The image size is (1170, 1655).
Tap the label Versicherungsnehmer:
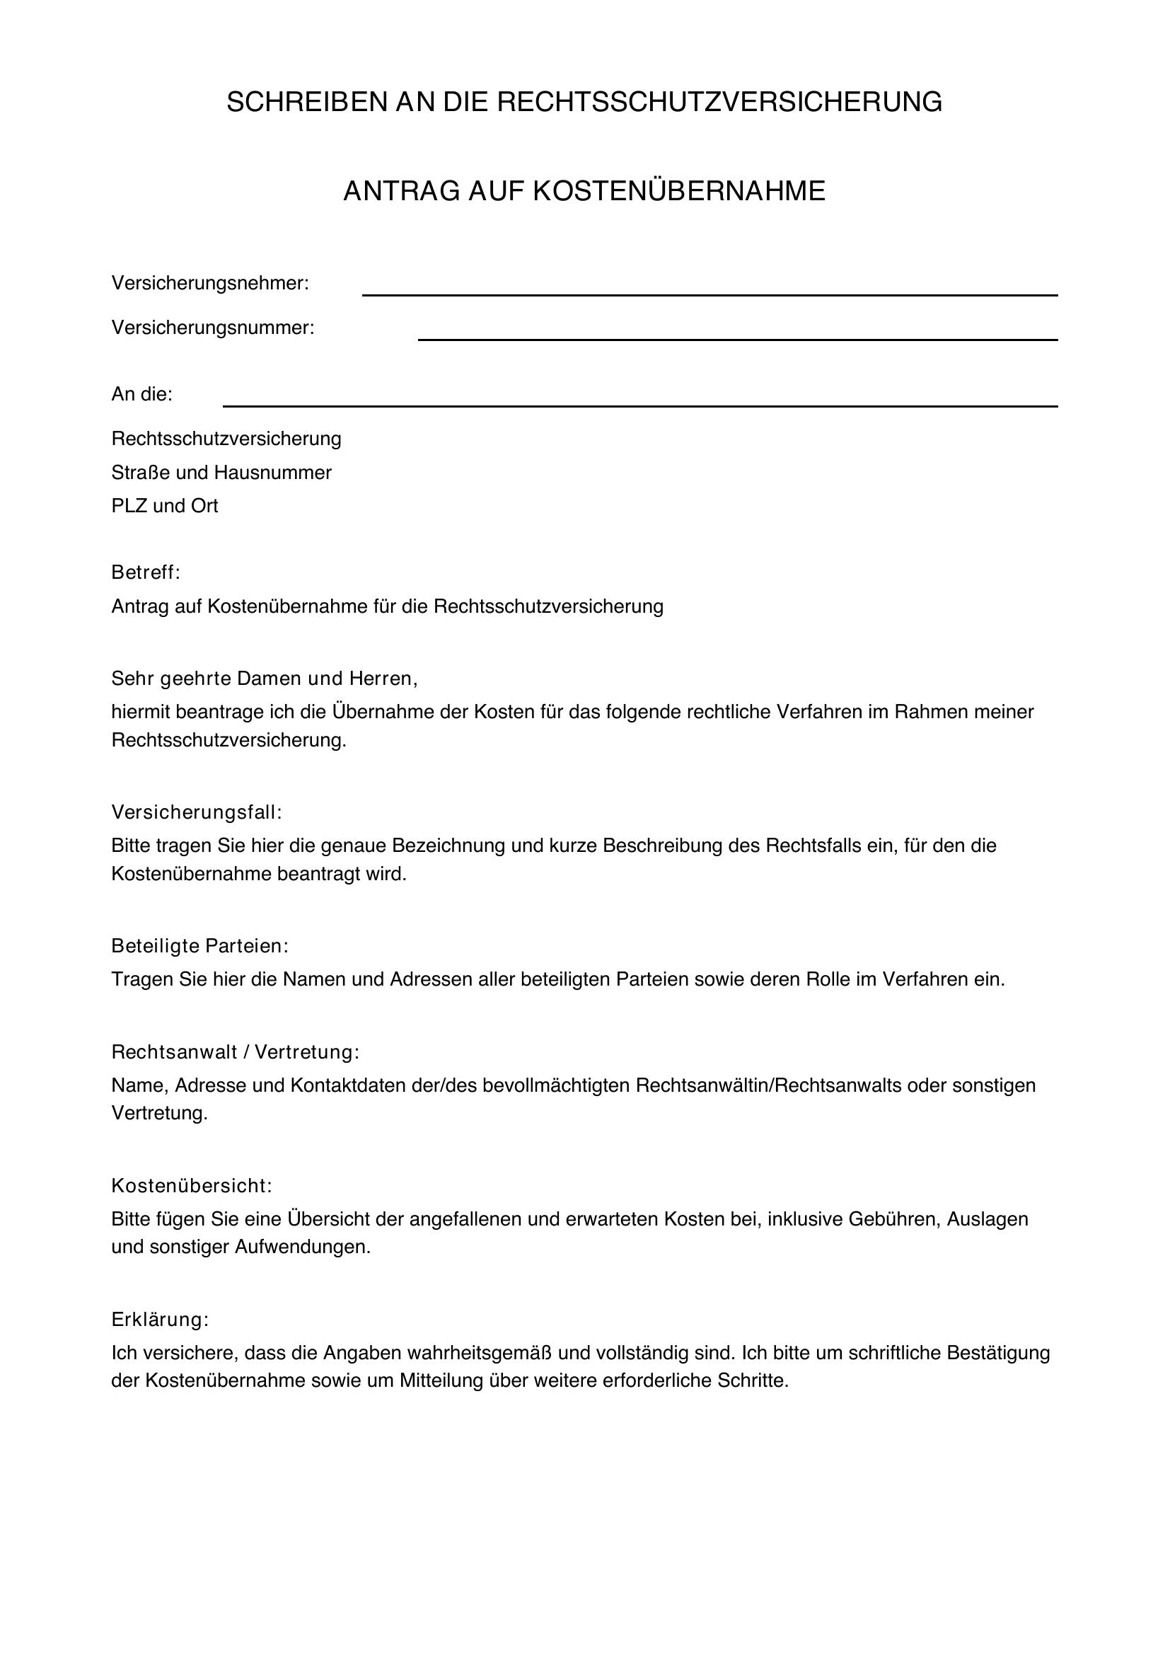pyautogui.click(x=209, y=284)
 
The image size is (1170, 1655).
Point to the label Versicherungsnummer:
pyautogui.click(x=212, y=329)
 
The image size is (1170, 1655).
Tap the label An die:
pyautogui.click(x=142, y=395)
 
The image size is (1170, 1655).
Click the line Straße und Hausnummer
pyautogui.click(x=221, y=473)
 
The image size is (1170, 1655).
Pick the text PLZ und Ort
pyautogui.click(x=164, y=506)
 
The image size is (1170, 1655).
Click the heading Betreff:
pyautogui.click(x=146, y=573)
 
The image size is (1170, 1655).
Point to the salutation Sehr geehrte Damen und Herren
pyautogui.click(x=265, y=679)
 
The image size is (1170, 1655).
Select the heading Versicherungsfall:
pyautogui.click(x=197, y=812)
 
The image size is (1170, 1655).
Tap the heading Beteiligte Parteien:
pyautogui.click(x=199, y=946)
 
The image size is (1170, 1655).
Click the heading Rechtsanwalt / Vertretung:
pyautogui.click(x=235, y=1052)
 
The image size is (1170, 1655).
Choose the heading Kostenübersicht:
pyautogui.click(x=192, y=1186)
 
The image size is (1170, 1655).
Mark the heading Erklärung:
pyautogui.click(x=160, y=1320)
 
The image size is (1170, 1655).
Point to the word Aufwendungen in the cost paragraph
pyautogui.click(x=302, y=1247)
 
